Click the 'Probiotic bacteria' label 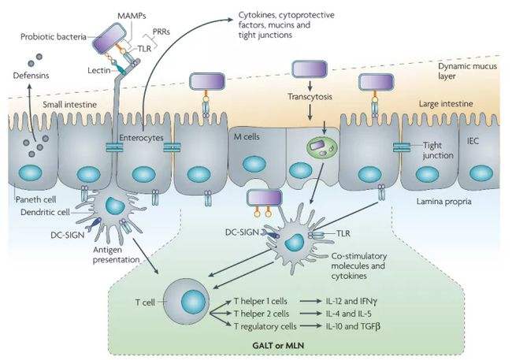[x=54, y=36]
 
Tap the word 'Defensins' [x=31, y=76]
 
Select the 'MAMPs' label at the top [x=132, y=16]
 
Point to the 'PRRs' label [x=161, y=32]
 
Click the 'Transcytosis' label [x=310, y=97]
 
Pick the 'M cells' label [x=247, y=136]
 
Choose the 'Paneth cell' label [x=36, y=199]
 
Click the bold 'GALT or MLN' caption [x=278, y=345]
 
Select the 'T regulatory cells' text [x=265, y=326]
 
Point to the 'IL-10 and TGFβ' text [x=353, y=326]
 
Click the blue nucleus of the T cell [x=193, y=301]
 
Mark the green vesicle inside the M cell [x=323, y=147]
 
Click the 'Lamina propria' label [x=443, y=201]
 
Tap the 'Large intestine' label [x=446, y=104]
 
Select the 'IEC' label [x=473, y=141]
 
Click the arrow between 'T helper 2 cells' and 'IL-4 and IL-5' [x=310, y=314]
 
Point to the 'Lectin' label [x=99, y=70]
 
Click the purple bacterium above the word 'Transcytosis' [x=310, y=69]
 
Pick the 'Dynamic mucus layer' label [x=467, y=71]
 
